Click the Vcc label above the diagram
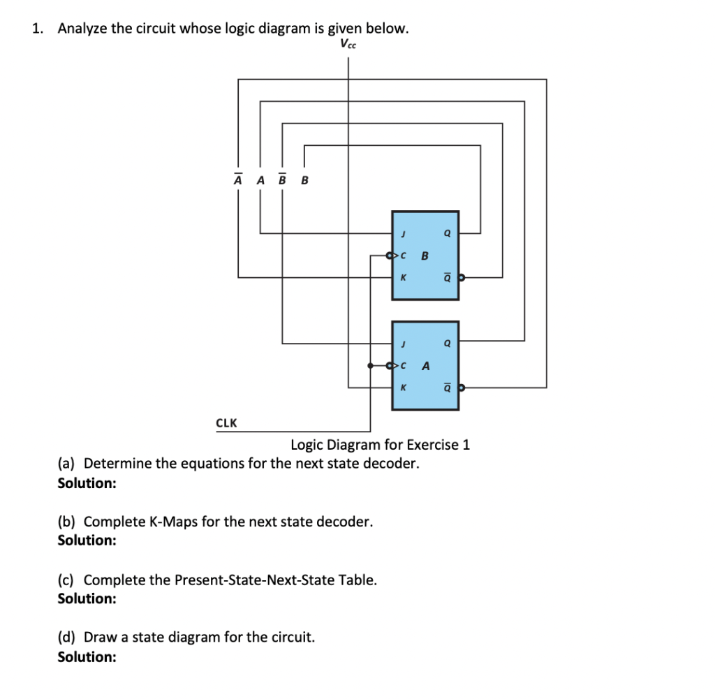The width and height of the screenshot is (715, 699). pyautogui.click(x=348, y=44)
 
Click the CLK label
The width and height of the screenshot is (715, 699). pyautogui.click(x=226, y=422)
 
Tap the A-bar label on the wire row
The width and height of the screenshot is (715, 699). pyautogui.click(x=238, y=180)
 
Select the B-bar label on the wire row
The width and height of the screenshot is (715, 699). pyautogui.click(x=282, y=180)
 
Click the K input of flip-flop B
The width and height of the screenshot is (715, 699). pyautogui.click(x=401, y=277)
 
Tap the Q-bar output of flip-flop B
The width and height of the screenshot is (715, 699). pyautogui.click(x=447, y=277)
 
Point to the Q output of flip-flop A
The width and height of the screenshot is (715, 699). pyautogui.click(x=447, y=343)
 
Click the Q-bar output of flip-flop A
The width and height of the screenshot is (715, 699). pyautogui.click(x=447, y=386)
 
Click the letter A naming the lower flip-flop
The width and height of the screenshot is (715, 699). pyautogui.click(x=425, y=365)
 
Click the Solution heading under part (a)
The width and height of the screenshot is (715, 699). pyautogui.click(x=87, y=483)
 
